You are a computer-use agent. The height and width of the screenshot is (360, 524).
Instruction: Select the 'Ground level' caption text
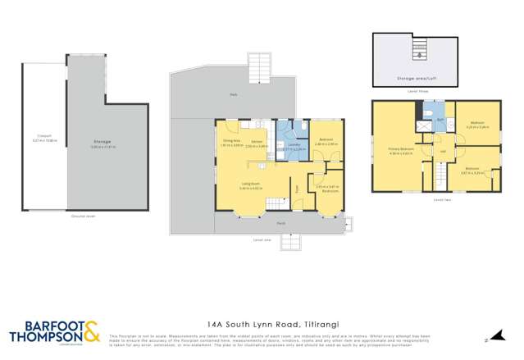(x=82, y=216)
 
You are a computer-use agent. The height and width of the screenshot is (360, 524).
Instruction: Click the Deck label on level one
(x=234, y=95)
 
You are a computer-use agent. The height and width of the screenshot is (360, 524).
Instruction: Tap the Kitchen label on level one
(x=257, y=141)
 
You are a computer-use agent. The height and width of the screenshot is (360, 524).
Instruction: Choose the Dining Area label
(x=230, y=141)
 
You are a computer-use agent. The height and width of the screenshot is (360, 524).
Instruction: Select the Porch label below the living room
(x=280, y=222)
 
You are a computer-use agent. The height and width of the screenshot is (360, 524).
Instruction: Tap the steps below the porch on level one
(x=291, y=239)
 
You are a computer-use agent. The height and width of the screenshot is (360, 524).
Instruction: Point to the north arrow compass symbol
(x=486, y=336)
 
